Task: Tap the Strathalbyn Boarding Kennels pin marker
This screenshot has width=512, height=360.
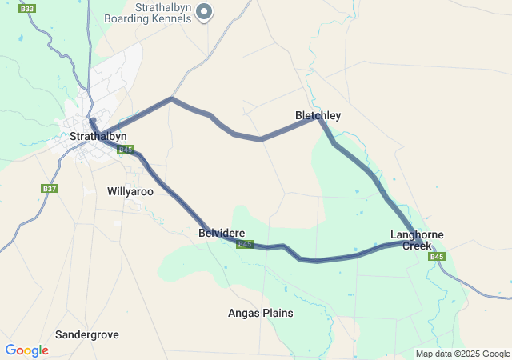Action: [x=204, y=10]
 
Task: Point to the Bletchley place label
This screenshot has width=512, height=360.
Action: [x=318, y=116]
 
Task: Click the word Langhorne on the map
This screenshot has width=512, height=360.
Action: [x=417, y=235]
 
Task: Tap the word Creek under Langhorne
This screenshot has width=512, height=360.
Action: [x=417, y=246]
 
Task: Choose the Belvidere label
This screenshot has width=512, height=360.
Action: [x=222, y=233]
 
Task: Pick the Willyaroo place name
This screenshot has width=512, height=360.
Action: [x=130, y=192]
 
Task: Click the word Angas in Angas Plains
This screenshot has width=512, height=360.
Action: [x=243, y=313]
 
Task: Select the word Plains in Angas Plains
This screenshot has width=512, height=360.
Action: [x=276, y=313]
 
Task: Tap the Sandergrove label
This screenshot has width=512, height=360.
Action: [x=87, y=334]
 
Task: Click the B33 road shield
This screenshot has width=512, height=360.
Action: [x=28, y=9]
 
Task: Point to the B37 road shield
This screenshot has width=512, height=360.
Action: [x=50, y=189]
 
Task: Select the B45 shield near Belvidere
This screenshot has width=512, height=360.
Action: [x=245, y=245]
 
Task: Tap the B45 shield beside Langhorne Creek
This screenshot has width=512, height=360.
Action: [x=436, y=257]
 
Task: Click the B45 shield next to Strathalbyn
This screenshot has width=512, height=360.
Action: [x=125, y=150]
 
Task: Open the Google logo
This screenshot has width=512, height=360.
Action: [x=26, y=350]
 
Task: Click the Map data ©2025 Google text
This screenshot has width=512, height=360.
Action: [x=462, y=354]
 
